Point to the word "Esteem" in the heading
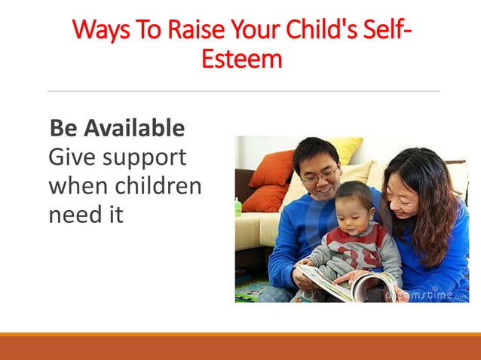click(241, 58)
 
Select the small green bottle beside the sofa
click(238, 206)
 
